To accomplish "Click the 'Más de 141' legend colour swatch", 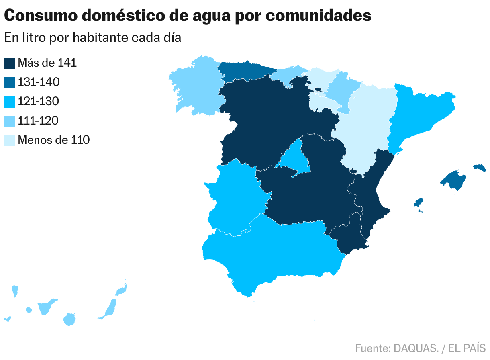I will pyautogui.click(x=10, y=63).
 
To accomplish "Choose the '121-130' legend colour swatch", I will pyautogui.click(x=10, y=102).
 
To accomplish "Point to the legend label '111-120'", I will pyautogui.click(x=38, y=121).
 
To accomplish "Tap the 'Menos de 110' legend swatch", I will pyautogui.click(x=10, y=141).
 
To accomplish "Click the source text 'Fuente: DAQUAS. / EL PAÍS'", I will pyautogui.click(x=420, y=348).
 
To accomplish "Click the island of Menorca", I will pyautogui.click(x=480, y=167).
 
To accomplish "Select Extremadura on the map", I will pyautogui.click(x=235, y=197).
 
